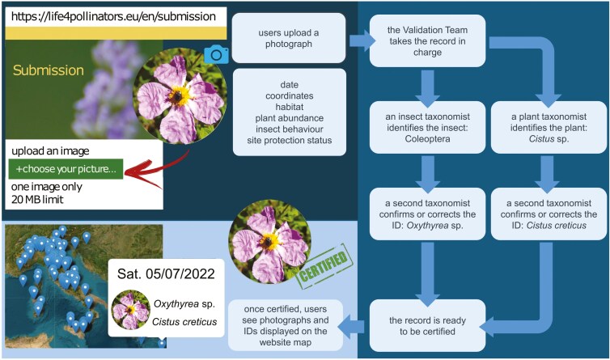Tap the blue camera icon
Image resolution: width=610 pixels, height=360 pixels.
click(216, 54)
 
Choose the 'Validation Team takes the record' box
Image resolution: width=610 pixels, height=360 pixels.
click(421, 41)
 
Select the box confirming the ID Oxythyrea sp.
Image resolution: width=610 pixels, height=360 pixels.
click(421, 214)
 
